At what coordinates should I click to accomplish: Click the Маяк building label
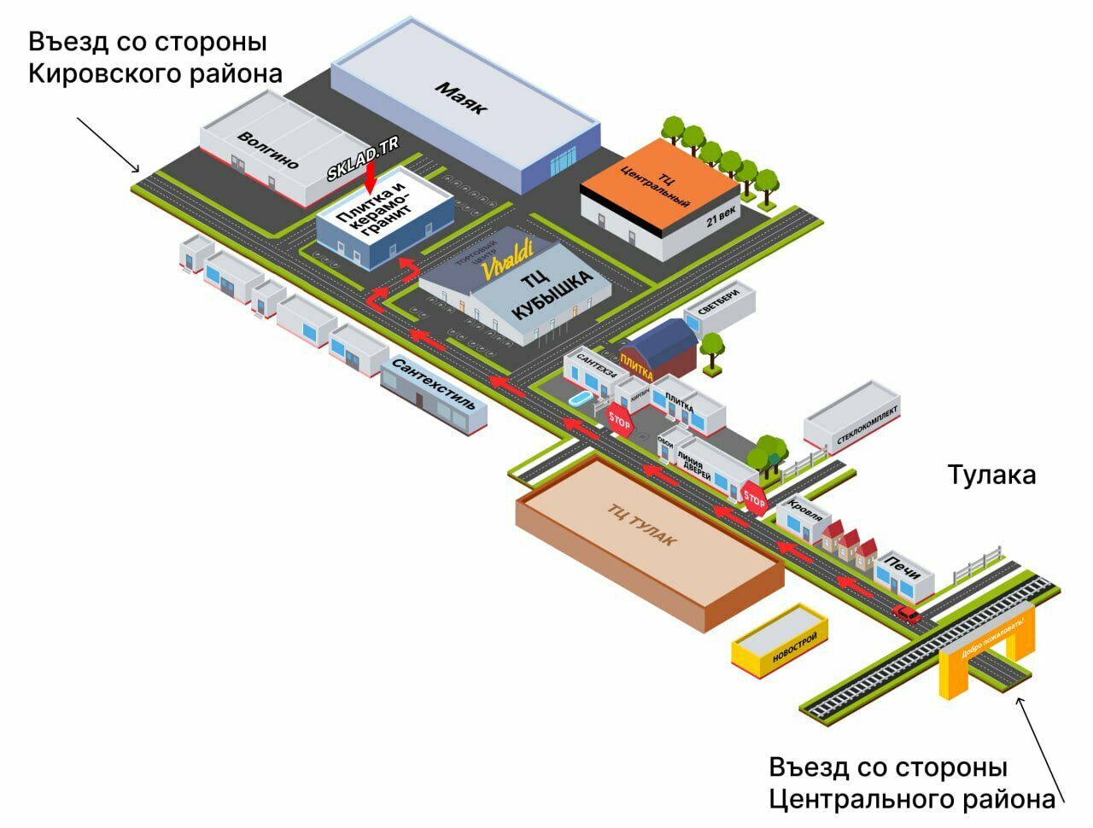click(461, 98)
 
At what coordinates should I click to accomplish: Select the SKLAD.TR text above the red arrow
click(363, 157)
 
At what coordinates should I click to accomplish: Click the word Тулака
click(991, 475)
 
